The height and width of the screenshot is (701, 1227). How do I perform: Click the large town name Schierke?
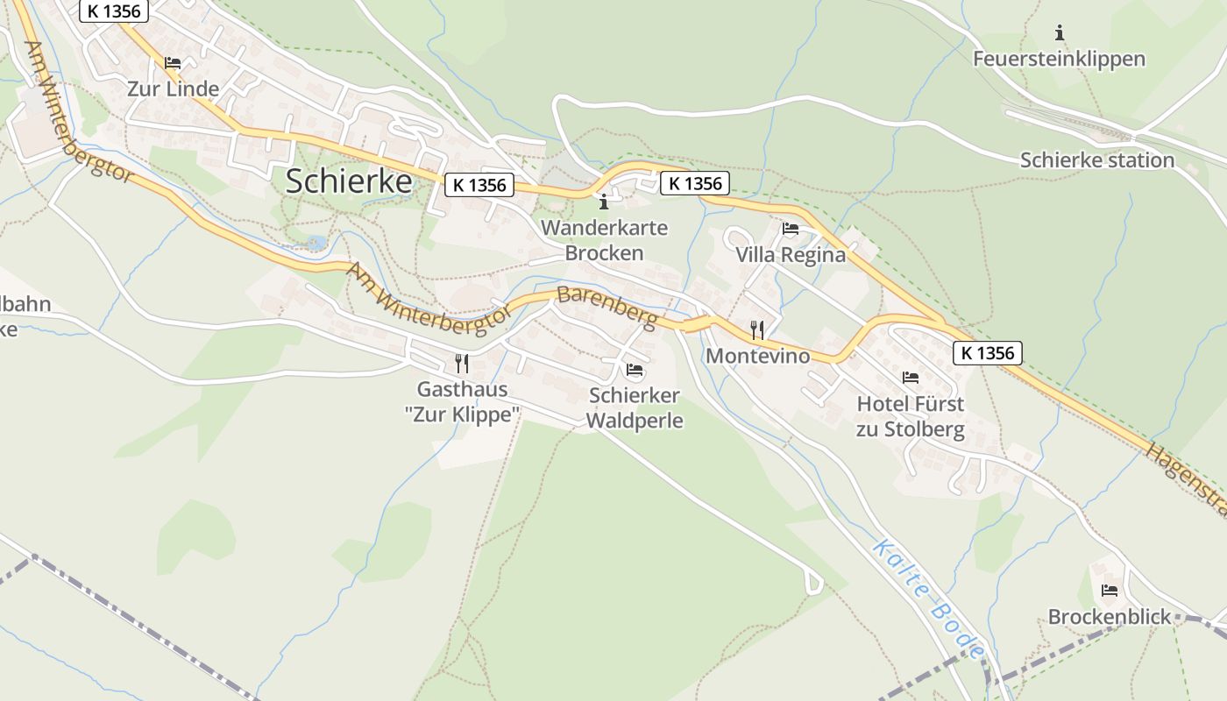tap(349, 181)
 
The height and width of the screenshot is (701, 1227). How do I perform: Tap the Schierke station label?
tap(1096, 160)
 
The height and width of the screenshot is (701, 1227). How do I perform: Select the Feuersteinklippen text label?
tap(1059, 60)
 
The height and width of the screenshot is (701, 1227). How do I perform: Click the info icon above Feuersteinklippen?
tap(1060, 33)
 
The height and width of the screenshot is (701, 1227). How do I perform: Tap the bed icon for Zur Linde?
tap(173, 63)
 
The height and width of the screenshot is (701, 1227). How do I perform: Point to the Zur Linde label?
tap(173, 89)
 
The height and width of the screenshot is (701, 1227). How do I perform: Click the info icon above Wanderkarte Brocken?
tap(603, 202)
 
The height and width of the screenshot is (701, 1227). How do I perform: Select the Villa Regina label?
tap(791, 255)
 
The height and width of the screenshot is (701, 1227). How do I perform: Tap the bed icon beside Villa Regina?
tap(791, 230)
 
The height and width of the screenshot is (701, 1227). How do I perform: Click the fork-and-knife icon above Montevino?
tap(757, 330)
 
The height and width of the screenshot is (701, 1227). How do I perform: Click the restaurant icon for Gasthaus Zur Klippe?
tap(462, 363)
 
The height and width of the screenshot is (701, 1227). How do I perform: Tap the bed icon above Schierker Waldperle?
tap(635, 370)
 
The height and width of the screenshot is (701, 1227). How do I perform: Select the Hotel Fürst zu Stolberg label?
tap(911, 417)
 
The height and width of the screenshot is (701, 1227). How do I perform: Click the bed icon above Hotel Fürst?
tap(911, 378)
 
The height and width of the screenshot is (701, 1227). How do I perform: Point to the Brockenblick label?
tap(1110, 617)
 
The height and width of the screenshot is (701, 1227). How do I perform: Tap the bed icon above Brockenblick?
tap(1110, 591)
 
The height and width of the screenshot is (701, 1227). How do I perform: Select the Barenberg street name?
tap(606, 308)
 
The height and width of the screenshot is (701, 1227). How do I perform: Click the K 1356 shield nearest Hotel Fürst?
tap(988, 353)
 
